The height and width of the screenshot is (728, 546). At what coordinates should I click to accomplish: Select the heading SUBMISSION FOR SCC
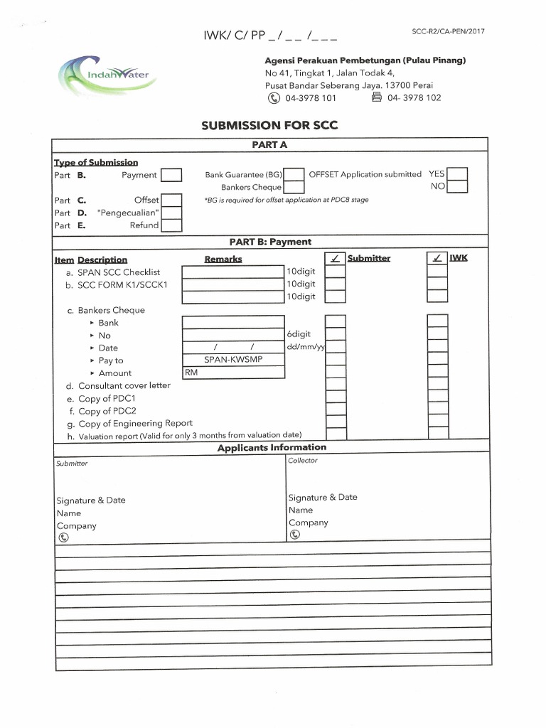[269, 126]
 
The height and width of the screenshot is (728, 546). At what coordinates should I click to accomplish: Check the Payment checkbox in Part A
[171, 176]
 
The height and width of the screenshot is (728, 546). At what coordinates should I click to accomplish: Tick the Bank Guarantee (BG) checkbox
[294, 175]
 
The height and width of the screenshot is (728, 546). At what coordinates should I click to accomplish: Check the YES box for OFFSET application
[457, 174]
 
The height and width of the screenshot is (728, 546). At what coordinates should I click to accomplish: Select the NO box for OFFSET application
[457, 187]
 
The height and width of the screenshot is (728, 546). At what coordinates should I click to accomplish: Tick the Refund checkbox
[171, 225]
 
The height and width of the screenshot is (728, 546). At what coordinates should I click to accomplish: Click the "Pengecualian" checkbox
[171, 213]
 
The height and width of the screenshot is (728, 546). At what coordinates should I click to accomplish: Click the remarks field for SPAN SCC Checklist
[232, 272]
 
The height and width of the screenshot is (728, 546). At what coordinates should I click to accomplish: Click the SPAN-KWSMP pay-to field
[232, 360]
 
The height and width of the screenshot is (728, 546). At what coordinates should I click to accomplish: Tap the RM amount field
[232, 373]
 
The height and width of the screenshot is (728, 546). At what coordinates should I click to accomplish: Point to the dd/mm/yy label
[305, 347]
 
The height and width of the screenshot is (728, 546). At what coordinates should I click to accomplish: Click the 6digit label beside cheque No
[299, 334]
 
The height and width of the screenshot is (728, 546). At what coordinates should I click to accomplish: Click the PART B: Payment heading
[270, 242]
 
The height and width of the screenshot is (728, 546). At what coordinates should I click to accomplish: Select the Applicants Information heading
[272, 447]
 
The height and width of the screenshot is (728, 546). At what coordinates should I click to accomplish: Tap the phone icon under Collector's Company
[294, 535]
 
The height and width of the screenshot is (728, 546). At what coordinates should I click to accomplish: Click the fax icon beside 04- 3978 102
[377, 97]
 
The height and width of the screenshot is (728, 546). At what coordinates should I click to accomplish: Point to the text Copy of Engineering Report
[135, 423]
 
